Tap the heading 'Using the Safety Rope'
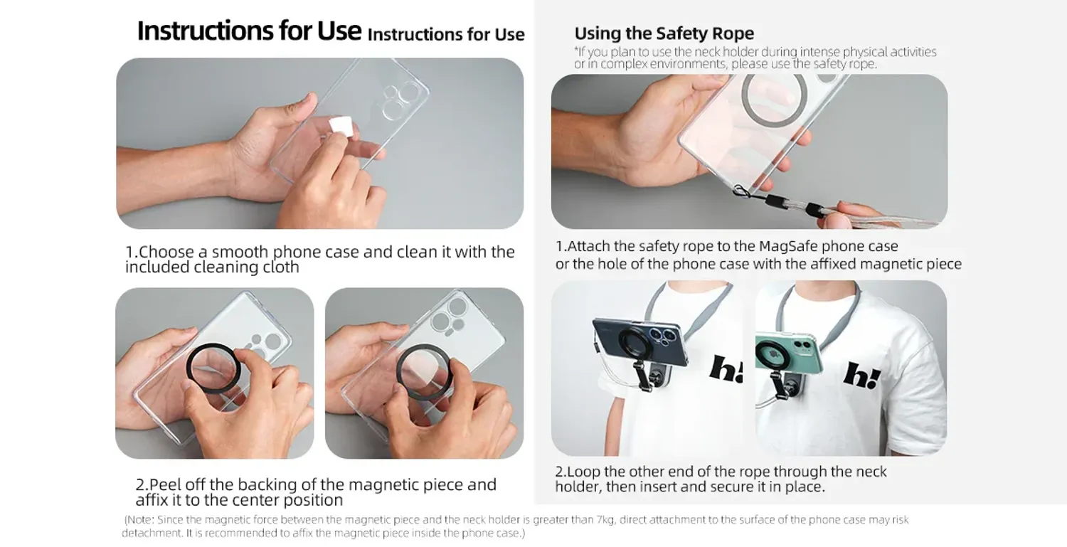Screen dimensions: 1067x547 point(664,33)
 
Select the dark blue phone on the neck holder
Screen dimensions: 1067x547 point(639,342)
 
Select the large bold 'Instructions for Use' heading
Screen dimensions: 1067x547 point(249,31)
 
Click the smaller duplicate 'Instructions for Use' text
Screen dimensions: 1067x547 point(446,34)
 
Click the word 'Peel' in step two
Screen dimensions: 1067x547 point(165,484)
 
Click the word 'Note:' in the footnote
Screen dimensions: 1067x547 point(140,519)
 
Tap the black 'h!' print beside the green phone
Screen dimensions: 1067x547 point(861,375)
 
